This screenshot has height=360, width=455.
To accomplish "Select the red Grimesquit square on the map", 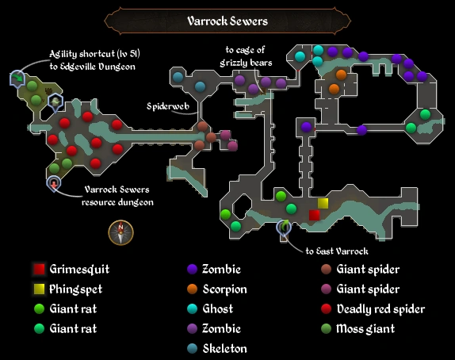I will click(314, 215).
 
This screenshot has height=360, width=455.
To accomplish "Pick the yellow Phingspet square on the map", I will click(323, 203).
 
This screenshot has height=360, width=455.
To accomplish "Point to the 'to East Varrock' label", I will click(338, 251).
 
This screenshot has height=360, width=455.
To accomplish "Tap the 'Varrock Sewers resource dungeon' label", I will click(118, 196).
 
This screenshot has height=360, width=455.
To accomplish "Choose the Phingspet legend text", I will click(75, 289).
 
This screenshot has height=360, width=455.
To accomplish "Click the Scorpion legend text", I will click(225, 289).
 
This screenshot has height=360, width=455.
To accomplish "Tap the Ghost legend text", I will click(218, 309).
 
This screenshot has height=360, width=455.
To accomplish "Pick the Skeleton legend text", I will click(224, 348).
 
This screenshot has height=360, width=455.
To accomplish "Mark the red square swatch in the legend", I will click(38, 270).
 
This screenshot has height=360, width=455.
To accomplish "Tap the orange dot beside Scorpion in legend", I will click(193, 289).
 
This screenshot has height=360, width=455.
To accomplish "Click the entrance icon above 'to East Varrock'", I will click(283, 229).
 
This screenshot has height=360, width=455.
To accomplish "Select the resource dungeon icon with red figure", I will click(52, 183).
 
